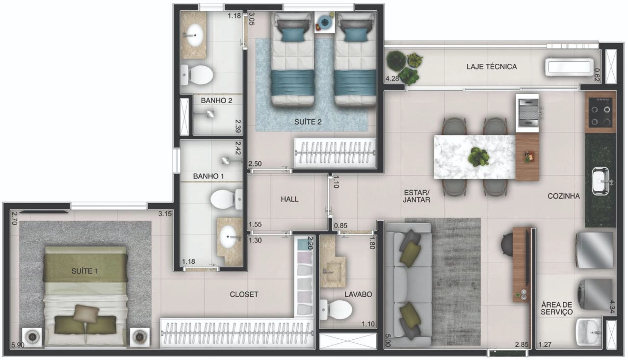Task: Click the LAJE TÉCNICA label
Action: (x=492, y=67)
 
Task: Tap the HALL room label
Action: (x=289, y=199)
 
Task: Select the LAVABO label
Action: (x=358, y=294)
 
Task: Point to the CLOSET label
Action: (x=244, y=294)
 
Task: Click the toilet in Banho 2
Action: (x=197, y=75)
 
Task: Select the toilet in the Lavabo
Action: (x=336, y=310)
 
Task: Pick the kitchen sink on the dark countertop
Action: (x=600, y=181)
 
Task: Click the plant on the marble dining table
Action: (x=478, y=157)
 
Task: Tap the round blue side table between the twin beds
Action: (x=325, y=22)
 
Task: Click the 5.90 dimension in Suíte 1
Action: (x=17, y=345)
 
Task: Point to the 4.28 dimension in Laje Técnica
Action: (x=392, y=79)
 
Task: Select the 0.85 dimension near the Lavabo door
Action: (x=340, y=226)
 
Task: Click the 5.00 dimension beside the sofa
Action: (x=388, y=340)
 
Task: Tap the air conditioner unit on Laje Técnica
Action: (x=569, y=67)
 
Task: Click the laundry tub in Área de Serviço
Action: (x=589, y=333)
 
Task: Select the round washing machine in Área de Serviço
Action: (x=595, y=294)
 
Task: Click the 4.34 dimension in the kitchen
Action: (x=612, y=307)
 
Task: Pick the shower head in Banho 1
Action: (x=226, y=161)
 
